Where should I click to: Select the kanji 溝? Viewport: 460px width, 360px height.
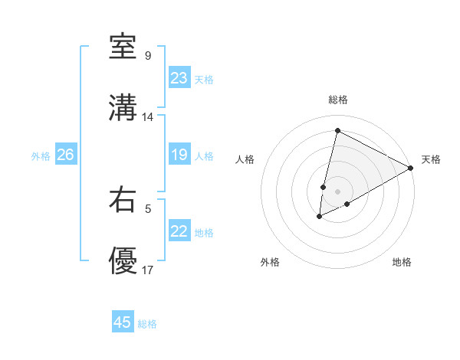pyautogui.click(x=123, y=108)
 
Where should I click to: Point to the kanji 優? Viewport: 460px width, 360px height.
pyautogui.click(x=123, y=261)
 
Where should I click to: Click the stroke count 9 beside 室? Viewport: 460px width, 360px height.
pyautogui.click(x=147, y=56)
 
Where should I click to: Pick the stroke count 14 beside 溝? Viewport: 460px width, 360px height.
pyautogui.click(x=148, y=117)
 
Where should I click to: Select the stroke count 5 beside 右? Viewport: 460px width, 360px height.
pyautogui.click(x=147, y=208)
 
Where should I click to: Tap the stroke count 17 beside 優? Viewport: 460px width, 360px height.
pyautogui.click(x=148, y=270)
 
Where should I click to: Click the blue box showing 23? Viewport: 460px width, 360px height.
pyautogui.click(x=179, y=78)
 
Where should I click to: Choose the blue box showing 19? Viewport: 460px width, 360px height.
pyautogui.click(x=179, y=155)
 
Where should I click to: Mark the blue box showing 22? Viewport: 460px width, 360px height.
pyautogui.click(x=179, y=231)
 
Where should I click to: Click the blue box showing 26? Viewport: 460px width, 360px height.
pyautogui.click(x=65, y=155)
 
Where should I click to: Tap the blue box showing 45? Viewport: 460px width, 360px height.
pyautogui.click(x=123, y=322)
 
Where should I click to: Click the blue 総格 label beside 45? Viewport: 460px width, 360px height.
pyautogui.click(x=148, y=324)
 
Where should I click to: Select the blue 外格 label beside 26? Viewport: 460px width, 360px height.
pyautogui.click(x=41, y=156)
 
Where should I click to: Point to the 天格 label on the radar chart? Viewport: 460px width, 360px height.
pyautogui.click(x=431, y=159)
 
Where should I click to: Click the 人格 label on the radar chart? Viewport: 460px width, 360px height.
pyautogui.click(x=245, y=159)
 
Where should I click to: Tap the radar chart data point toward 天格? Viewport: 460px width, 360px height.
pyautogui.click(x=412, y=168)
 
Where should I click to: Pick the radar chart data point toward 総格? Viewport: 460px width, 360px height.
pyautogui.click(x=337, y=130)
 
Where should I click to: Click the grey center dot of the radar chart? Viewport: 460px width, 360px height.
pyautogui.click(x=337, y=191)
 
